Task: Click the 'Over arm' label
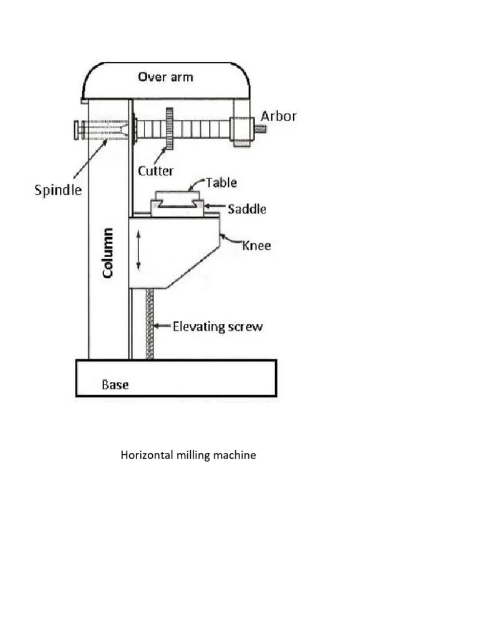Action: (165, 77)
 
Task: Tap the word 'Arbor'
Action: (279, 116)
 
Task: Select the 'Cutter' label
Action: (155, 170)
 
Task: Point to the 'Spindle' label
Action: (57, 190)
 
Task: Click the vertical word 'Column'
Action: (109, 253)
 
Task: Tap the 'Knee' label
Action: (256, 245)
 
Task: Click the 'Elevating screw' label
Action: (218, 326)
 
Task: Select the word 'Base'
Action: (115, 384)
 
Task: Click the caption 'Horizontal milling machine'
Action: (188, 455)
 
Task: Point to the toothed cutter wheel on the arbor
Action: (168, 129)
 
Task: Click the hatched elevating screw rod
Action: (150, 324)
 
